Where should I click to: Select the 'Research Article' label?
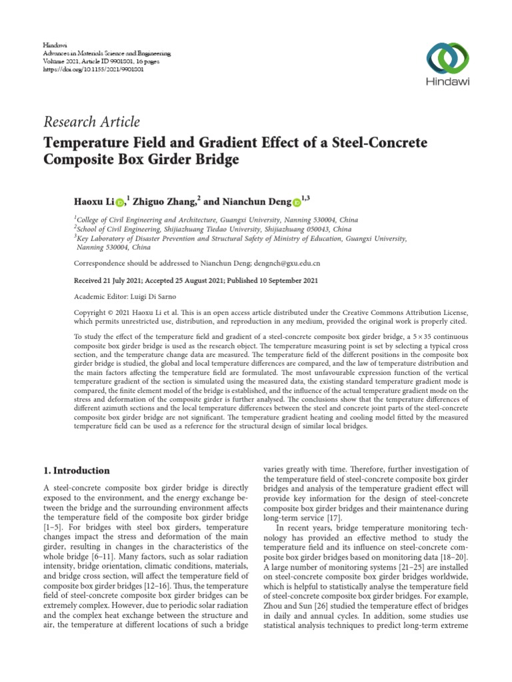click(x=92, y=122)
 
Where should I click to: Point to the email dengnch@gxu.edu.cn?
click(x=281, y=262)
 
